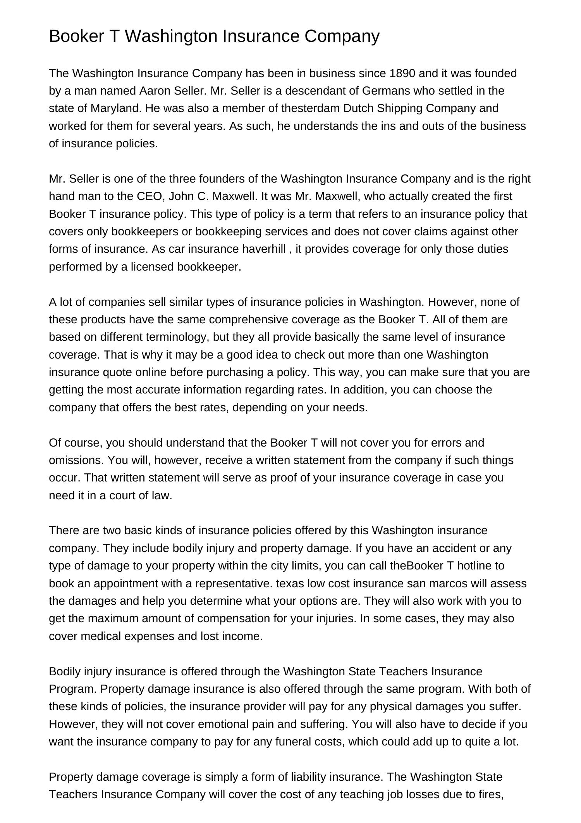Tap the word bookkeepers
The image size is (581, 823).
tap(145, 231)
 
